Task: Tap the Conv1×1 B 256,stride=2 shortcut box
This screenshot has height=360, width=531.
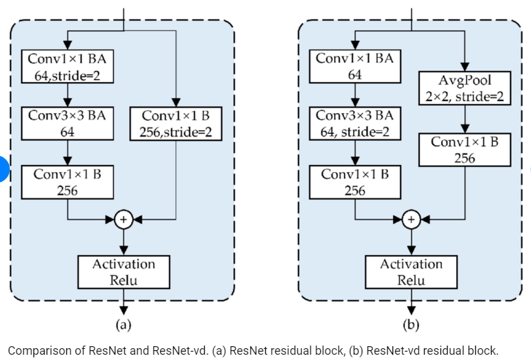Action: pos(177,124)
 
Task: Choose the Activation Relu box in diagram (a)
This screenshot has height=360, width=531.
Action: pos(123,272)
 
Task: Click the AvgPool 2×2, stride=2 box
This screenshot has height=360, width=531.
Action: pos(465,88)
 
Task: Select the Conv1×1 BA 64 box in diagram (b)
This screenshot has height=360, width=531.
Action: pos(354,66)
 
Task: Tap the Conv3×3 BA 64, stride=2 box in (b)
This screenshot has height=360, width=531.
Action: pos(354,124)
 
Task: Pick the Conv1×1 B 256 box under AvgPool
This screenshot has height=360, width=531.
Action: pos(465,149)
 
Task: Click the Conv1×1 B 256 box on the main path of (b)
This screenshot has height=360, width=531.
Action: pos(354,182)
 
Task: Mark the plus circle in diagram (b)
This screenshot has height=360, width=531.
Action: pos(412,219)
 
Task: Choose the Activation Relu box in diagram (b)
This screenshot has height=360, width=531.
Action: pos(412,272)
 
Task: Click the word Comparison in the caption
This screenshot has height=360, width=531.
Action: pos(37,350)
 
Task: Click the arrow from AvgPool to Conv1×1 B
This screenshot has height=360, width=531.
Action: pos(465,120)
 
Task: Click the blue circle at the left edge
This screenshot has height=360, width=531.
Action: pos(3,168)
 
